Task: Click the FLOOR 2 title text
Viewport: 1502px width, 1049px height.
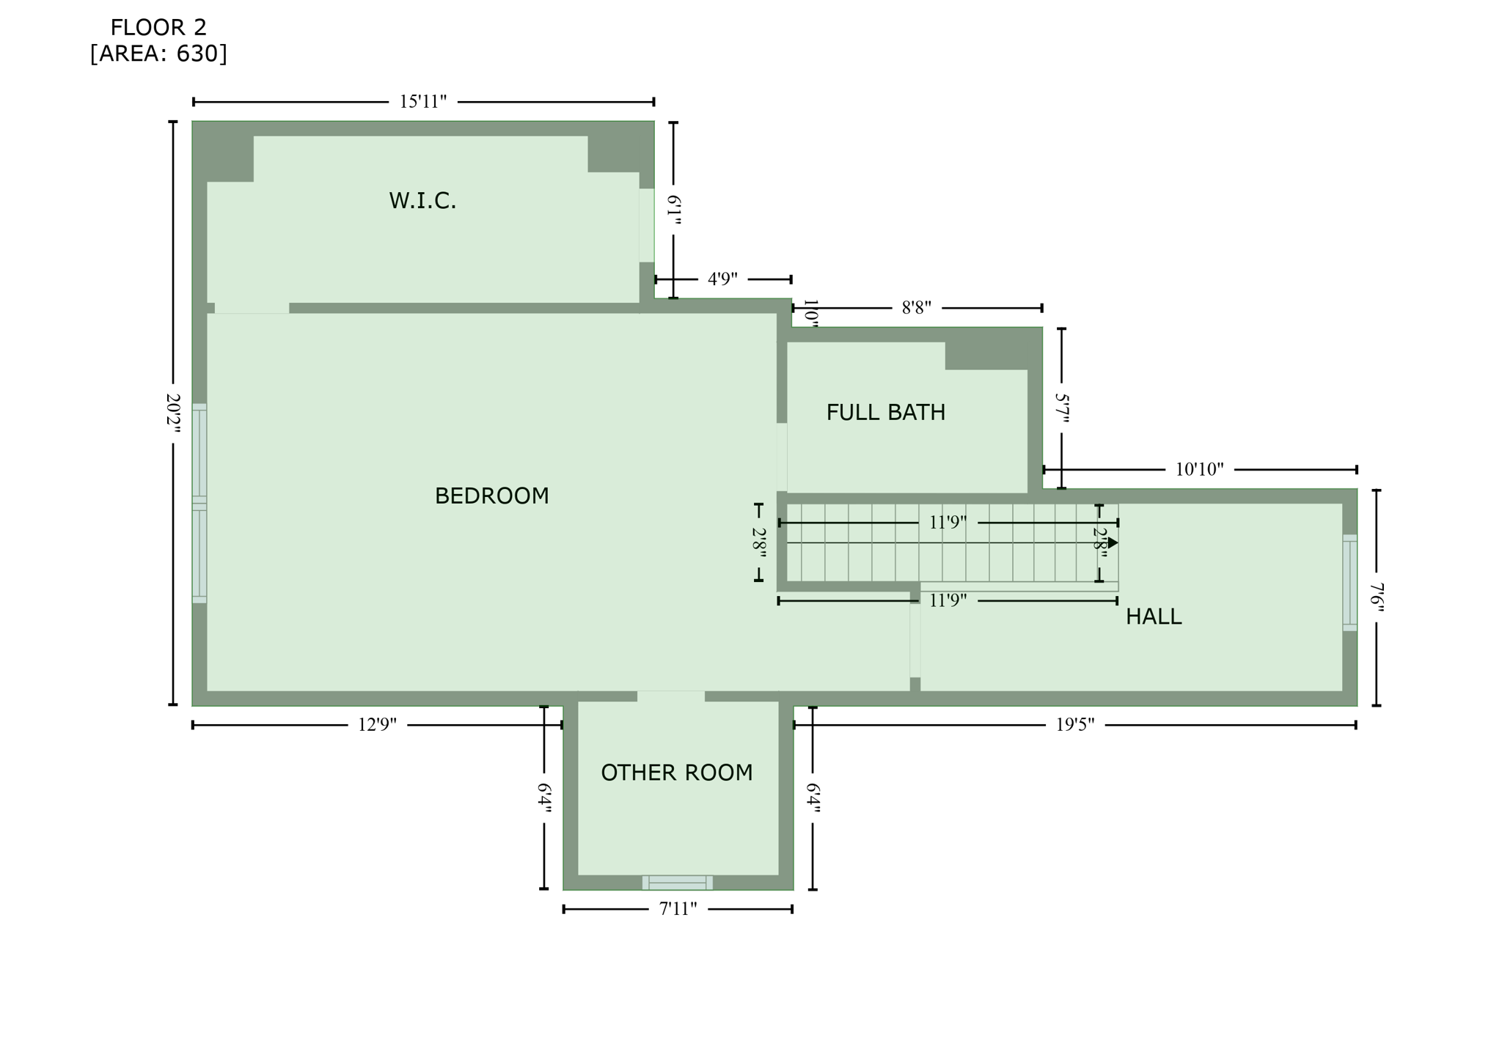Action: [x=158, y=28]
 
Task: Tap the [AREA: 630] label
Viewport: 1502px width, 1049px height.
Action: [x=158, y=54]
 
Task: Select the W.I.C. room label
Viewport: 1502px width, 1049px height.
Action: [x=422, y=200]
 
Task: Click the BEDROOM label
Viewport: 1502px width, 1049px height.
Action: [x=491, y=496]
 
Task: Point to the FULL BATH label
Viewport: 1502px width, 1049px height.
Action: [x=885, y=413]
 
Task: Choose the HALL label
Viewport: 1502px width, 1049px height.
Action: [x=1153, y=617]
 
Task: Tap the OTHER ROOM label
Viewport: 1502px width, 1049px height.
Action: [x=676, y=773]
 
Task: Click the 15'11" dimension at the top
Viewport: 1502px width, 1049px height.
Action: [x=422, y=102]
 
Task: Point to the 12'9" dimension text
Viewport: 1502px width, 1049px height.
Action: [x=377, y=725]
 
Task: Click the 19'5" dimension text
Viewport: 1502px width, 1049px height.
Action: [x=1074, y=725]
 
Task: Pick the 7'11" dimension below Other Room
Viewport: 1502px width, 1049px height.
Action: [x=678, y=909]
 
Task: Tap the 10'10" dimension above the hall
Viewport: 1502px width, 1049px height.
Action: [x=1199, y=469]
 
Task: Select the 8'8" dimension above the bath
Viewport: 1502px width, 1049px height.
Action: [x=916, y=308]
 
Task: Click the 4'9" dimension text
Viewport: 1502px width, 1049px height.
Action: [x=722, y=279]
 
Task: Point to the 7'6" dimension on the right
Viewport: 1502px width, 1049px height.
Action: [x=1377, y=597]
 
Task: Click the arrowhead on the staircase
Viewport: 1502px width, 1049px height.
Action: [x=1113, y=542]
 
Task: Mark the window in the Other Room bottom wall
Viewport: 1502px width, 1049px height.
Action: [x=677, y=882]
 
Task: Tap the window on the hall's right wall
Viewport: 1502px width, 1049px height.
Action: [x=1349, y=583]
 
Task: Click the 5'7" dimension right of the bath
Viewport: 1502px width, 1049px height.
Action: [x=1062, y=408]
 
